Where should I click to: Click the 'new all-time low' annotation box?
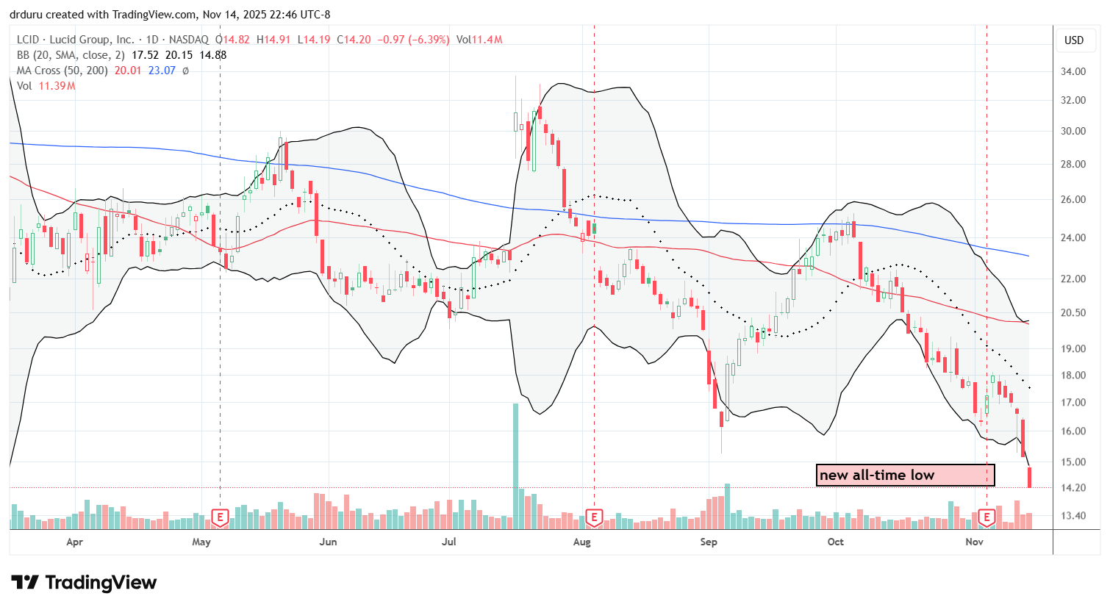click(x=905, y=475)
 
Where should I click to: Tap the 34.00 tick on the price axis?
click(x=1074, y=71)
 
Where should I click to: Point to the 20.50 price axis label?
click(x=1074, y=312)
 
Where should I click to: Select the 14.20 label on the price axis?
click(x=1074, y=487)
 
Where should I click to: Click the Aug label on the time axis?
click(x=581, y=542)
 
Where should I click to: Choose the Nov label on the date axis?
click(x=974, y=542)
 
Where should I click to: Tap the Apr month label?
click(x=74, y=542)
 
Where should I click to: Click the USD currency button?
click(x=1074, y=40)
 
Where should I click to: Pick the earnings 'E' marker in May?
click(x=220, y=517)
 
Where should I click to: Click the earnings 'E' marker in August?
click(x=594, y=517)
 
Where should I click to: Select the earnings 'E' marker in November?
click(x=987, y=517)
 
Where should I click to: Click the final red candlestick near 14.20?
click(x=1030, y=477)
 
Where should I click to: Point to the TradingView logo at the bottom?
click(x=85, y=583)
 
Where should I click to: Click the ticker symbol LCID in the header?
click(x=28, y=40)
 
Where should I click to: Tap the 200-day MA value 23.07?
click(x=162, y=71)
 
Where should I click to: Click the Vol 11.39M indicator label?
click(x=46, y=86)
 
